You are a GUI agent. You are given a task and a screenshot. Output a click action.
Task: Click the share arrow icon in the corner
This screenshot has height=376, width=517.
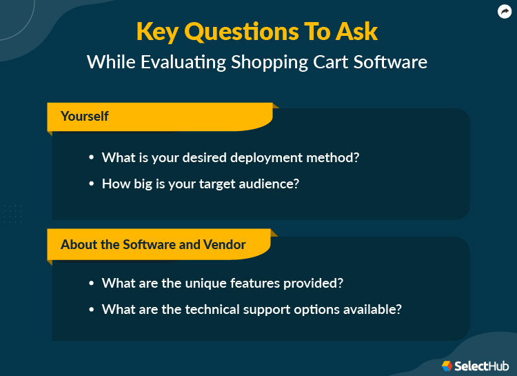(504, 12)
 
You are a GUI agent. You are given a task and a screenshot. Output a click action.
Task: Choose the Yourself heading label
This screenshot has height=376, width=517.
(84, 116)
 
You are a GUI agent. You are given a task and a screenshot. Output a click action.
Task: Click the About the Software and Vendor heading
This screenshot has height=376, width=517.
(153, 244)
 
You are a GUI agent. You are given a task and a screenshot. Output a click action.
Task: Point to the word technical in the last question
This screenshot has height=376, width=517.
(217, 310)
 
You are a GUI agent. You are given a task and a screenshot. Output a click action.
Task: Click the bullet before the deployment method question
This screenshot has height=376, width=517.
(91, 158)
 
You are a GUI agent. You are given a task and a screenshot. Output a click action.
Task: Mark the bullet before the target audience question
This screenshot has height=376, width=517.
(91, 185)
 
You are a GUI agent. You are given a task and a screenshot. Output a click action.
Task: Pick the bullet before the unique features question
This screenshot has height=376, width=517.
(91, 284)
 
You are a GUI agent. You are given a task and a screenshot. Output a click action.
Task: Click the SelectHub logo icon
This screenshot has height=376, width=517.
(447, 366)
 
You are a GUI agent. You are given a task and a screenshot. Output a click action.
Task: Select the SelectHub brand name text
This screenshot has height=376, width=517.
(482, 366)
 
